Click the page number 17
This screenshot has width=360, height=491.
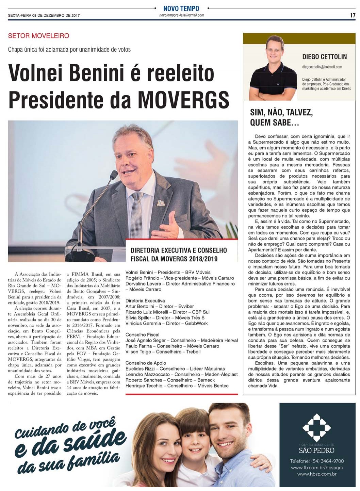(x=353, y=15)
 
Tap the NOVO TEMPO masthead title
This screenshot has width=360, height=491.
(x=181, y=8)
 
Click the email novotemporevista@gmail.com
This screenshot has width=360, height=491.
(x=182, y=15)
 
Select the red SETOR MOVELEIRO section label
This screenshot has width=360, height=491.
(x=38, y=36)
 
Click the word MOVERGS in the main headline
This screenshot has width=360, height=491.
(x=184, y=99)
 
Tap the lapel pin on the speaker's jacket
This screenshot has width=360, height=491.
(x=161, y=204)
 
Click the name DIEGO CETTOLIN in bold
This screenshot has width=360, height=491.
(x=324, y=56)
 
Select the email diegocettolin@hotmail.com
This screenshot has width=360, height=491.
(x=322, y=67)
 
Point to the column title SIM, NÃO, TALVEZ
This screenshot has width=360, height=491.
(x=281, y=112)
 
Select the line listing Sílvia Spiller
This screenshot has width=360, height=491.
(x=165, y=317)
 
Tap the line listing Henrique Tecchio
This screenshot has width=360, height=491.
(x=177, y=386)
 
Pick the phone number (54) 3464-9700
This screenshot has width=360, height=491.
(x=316, y=461)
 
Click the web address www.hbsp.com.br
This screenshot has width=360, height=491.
(x=316, y=474)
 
